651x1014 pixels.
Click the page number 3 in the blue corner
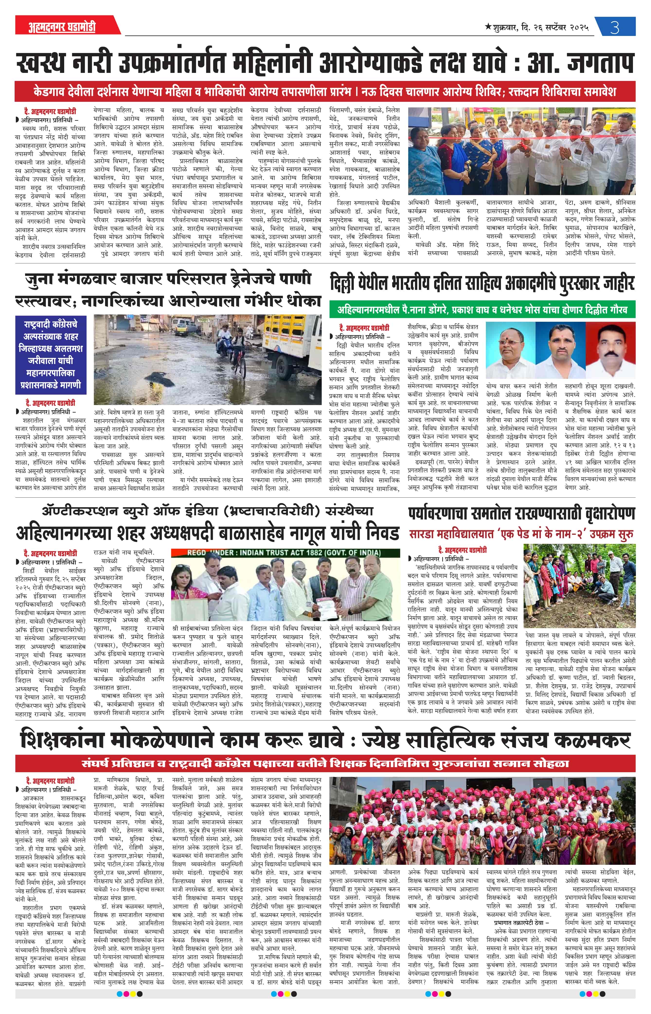pyautogui.click(x=615, y=27)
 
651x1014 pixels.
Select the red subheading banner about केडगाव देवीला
pyautogui.click(x=325, y=91)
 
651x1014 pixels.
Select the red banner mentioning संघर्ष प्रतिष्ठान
pyautogui.click(x=325, y=763)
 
